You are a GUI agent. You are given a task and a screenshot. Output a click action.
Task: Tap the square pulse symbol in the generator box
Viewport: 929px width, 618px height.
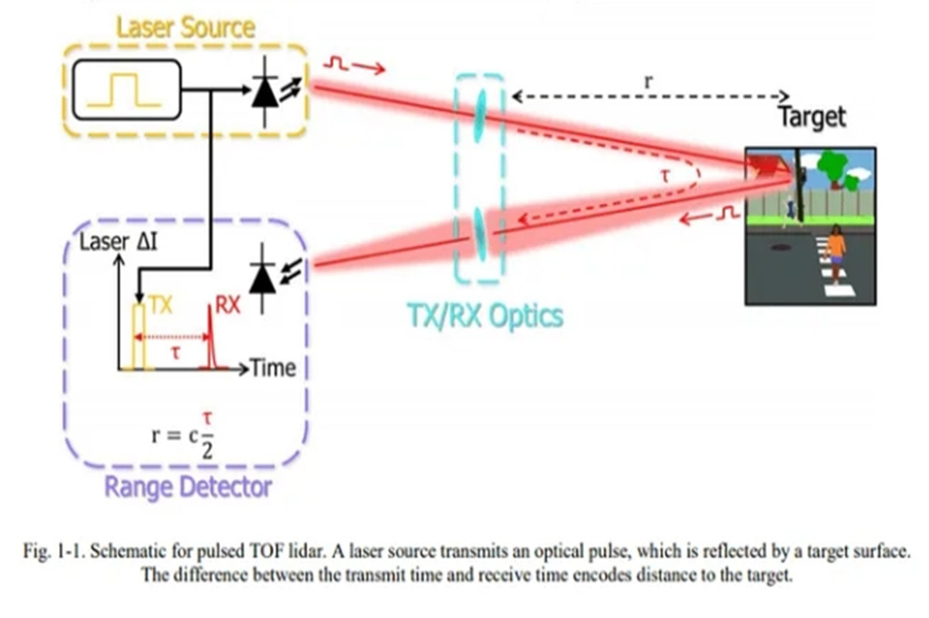pyautogui.click(x=126, y=89)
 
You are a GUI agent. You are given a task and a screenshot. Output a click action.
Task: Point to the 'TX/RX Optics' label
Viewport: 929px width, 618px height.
pyautogui.click(x=485, y=316)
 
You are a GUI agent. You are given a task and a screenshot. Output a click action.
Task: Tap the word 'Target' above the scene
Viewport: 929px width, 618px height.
pyautogui.click(x=812, y=117)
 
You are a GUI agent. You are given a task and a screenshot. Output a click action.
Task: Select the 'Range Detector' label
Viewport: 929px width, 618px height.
pyautogui.click(x=188, y=487)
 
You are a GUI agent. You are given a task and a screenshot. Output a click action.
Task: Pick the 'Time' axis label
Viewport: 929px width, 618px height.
pyautogui.click(x=273, y=368)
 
